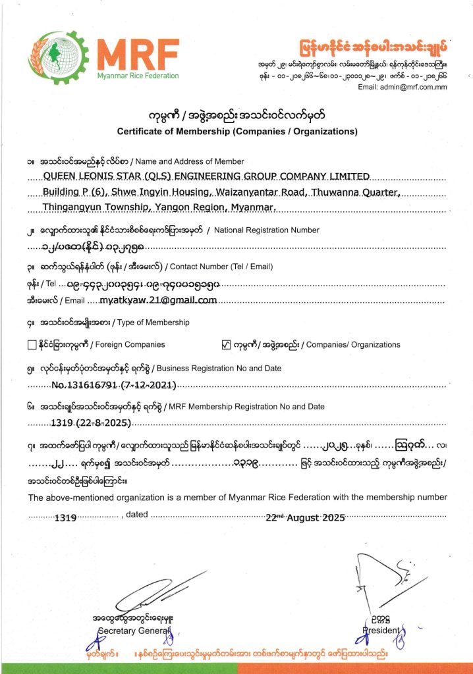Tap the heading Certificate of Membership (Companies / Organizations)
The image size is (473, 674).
coord(237,131)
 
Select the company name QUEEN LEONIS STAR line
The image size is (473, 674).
coord(206,176)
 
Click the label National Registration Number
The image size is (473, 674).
coord(267,230)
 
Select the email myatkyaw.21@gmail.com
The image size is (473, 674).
coord(158,300)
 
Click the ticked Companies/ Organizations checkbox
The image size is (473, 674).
coord(226,344)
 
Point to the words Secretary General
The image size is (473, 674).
coord(134,631)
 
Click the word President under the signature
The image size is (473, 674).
coord(381,631)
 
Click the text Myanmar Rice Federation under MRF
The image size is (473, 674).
coord(137,76)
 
